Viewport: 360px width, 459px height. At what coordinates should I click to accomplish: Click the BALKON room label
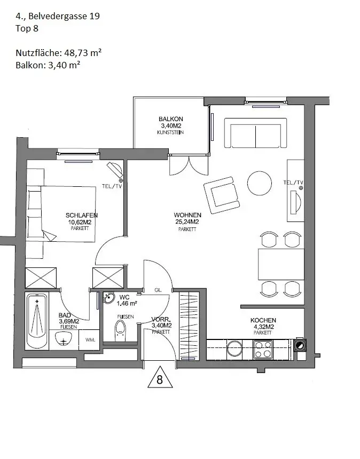171,119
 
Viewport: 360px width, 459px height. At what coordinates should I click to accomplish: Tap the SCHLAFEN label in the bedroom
82,215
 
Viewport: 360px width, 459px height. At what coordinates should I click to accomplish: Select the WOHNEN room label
186,215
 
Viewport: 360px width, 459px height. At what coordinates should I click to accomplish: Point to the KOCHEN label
263,320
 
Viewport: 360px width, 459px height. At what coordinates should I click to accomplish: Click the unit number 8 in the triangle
159,379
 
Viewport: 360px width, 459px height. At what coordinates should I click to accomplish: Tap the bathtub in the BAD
37,320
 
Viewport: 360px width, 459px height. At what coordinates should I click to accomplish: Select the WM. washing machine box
90,339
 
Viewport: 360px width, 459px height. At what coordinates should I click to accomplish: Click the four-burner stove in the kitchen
263,350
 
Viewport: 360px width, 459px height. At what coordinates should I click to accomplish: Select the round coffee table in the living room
260,184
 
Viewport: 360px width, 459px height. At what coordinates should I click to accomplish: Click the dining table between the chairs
281,264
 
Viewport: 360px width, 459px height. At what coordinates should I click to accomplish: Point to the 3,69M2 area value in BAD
69,321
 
